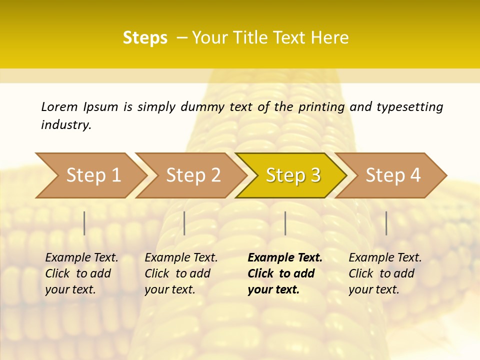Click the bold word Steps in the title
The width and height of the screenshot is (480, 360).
point(145,38)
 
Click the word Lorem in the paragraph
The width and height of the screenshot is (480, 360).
point(59,106)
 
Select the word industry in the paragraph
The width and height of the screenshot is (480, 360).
point(65,125)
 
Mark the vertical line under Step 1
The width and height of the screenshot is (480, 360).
point(84,223)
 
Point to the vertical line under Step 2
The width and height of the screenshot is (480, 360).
point(184,223)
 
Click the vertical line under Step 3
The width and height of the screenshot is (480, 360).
point(285,223)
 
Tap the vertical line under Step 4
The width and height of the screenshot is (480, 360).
point(386,223)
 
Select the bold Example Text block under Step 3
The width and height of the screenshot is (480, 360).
point(284,273)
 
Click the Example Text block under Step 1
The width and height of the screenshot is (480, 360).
point(81,273)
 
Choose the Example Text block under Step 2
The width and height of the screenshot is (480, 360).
point(180,273)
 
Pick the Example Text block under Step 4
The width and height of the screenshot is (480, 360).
point(384,273)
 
